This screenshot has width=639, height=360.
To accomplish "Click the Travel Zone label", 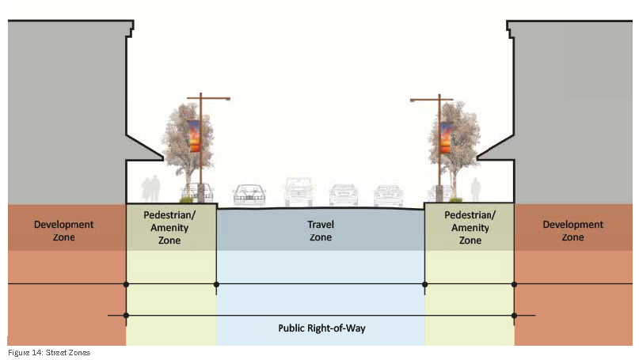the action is [x=320, y=230].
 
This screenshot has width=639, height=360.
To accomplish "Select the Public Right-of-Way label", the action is [x=321, y=328].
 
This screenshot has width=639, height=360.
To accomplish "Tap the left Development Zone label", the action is [x=63, y=230].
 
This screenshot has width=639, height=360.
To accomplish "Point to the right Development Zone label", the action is [x=573, y=230].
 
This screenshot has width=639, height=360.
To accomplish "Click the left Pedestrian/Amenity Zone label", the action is [x=171, y=227].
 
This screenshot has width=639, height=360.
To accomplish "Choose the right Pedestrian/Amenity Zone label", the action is [x=470, y=227].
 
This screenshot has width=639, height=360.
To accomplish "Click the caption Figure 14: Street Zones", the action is [x=48, y=352].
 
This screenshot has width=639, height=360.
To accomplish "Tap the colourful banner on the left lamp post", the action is [x=194, y=136].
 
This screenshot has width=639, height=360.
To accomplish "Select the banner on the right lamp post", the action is [x=447, y=136].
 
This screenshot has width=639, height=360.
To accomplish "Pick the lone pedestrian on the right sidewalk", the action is [x=475, y=189].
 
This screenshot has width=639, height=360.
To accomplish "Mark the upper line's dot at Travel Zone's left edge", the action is [x=216, y=283].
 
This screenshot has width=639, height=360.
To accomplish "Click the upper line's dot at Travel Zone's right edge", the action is [x=425, y=283].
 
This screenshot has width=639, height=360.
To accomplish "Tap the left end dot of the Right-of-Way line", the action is [x=126, y=316].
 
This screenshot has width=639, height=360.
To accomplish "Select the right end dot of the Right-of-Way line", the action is [x=514, y=316].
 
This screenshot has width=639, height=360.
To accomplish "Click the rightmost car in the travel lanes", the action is [x=389, y=195].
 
